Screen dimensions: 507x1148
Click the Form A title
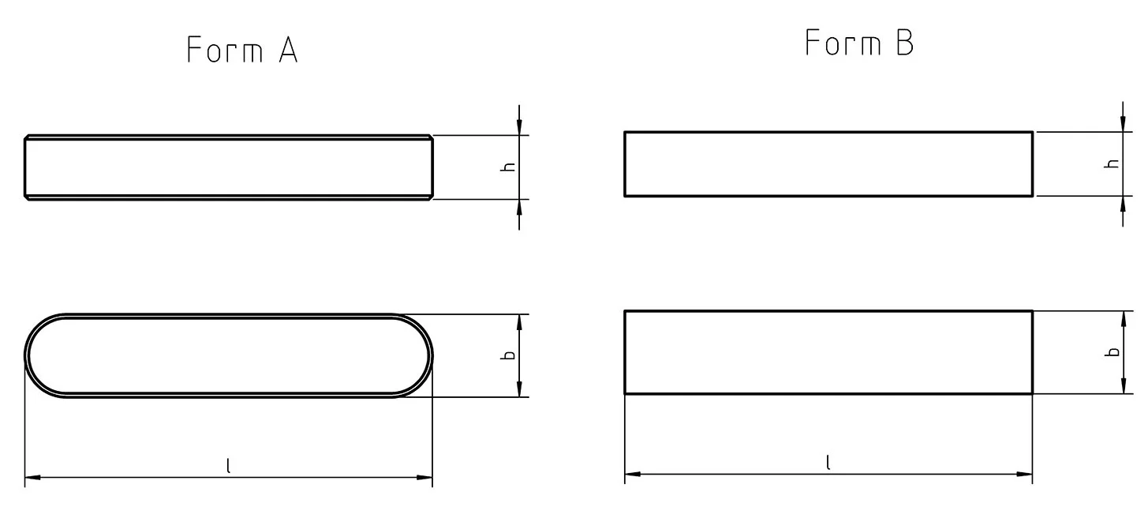[x=241, y=51]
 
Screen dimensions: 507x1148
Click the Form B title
[x=858, y=43]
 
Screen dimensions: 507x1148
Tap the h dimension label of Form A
[x=510, y=167]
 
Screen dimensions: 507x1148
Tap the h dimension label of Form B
[x=1113, y=163]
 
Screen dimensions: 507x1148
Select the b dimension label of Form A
[x=510, y=355]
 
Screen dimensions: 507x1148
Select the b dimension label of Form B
[x=1113, y=352]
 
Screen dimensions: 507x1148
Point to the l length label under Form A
[x=228, y=467]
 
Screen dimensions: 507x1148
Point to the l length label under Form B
[x=828, y=464]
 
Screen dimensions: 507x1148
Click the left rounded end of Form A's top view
[x=32, y=355]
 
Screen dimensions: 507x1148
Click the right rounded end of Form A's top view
[x=426, y=355]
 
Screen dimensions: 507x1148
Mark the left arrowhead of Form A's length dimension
[x=32, y=477]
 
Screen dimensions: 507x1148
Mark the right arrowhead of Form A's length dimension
[x=425, y=477]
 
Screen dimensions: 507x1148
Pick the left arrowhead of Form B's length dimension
[x=632, y=474]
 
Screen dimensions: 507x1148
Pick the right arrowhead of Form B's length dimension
[x=1025, y=474]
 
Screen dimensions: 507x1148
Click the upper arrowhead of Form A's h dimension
[x=519, y=129]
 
